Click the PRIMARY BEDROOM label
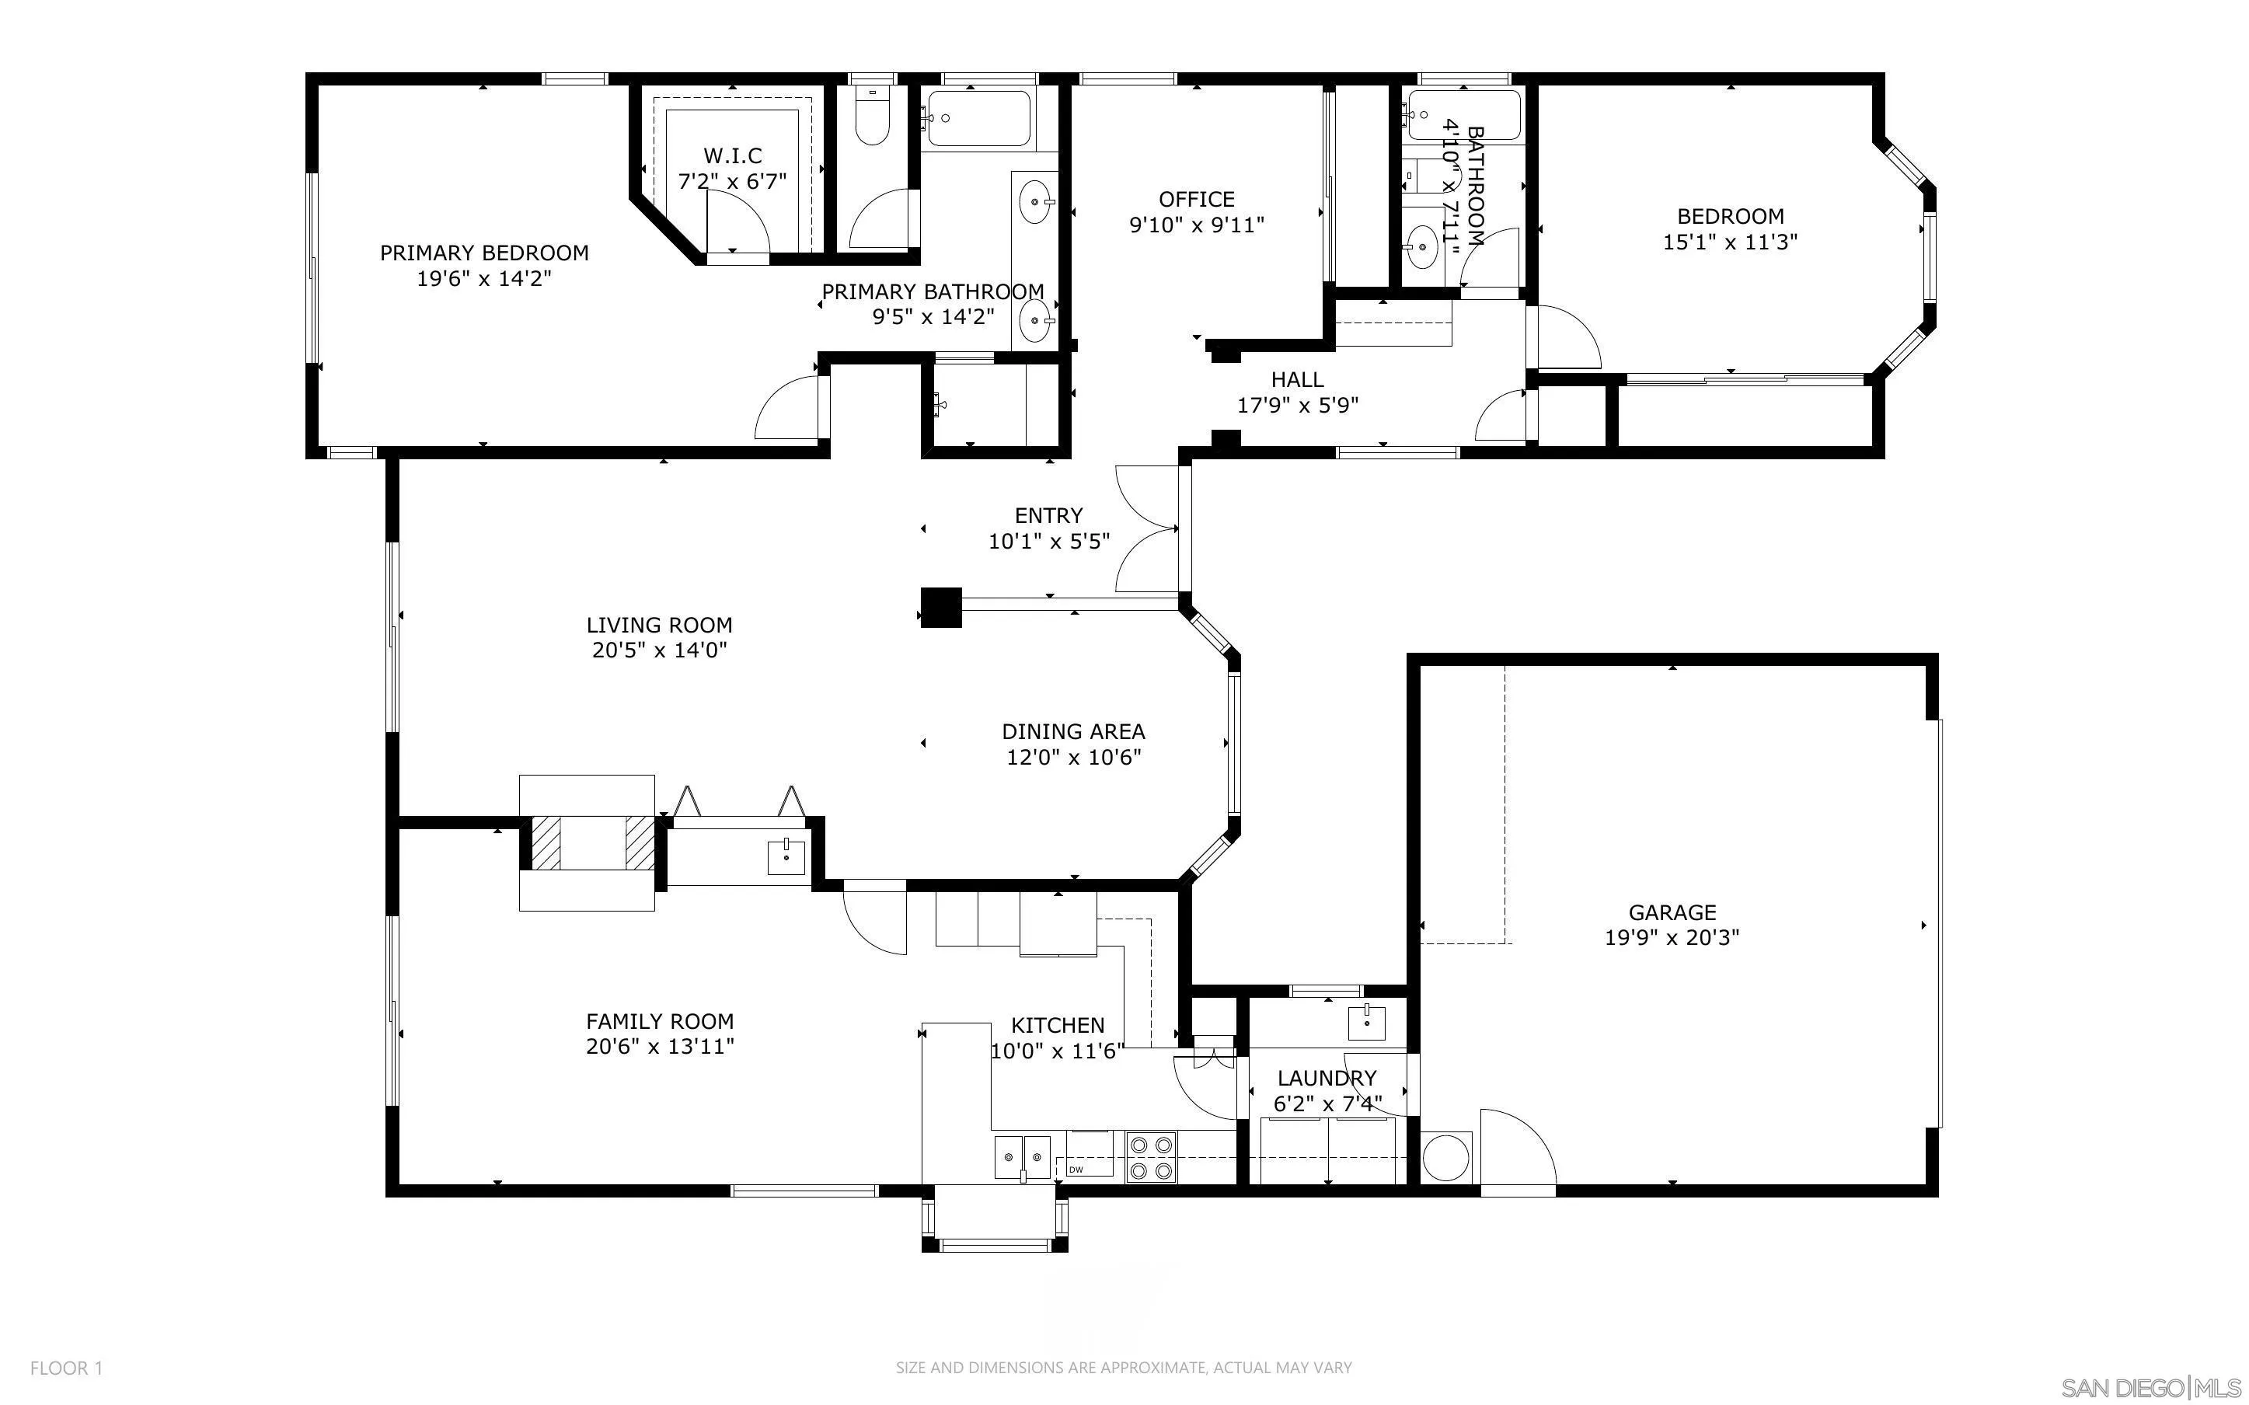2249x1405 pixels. coord(484,253)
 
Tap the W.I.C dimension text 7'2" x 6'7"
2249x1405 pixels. coord(732,181)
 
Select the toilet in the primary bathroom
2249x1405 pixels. coord(872,115)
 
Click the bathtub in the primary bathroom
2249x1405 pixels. coord(979,118)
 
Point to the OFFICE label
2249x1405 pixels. coord(1197,199)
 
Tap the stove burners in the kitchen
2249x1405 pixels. coord(1152,1158)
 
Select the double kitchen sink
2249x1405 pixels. coord(1022,1157)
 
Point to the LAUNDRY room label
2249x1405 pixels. coord(1326,1078)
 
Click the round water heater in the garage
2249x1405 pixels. coord(1445,1157)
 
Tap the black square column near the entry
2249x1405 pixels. coord(940,608)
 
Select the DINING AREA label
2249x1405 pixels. coord(1073,731)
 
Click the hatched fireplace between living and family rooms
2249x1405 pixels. coord(586,843)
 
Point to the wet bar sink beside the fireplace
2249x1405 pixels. coord(786,856)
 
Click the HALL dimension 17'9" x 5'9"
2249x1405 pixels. coord(1298,405)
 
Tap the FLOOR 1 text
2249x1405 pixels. coord(67,1368)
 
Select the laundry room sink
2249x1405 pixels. coord(1366,1022)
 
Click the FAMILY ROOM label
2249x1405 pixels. coord(660,1021)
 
